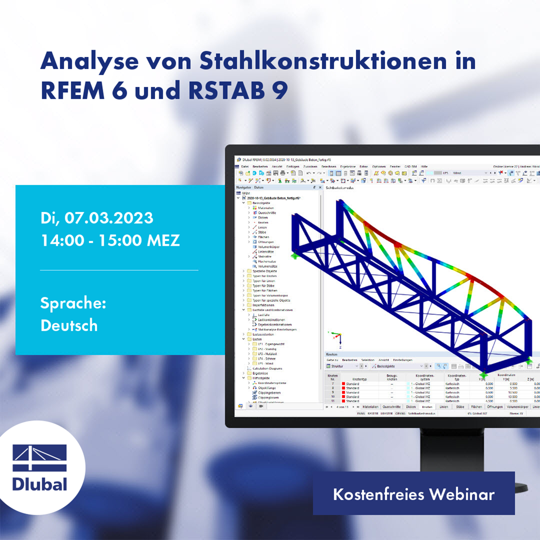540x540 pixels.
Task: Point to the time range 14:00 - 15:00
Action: click(x=91, y=240)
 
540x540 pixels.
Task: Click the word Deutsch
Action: click(x=69, y=325)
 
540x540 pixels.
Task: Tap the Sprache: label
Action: click(x=73, y=303)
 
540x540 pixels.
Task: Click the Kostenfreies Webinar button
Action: click(x=413, y=494)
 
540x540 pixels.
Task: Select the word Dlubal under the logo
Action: click(x=40, y=483)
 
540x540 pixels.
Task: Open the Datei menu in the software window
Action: click(x=244, y=166)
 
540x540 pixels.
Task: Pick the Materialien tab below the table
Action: click(x=371, y=407)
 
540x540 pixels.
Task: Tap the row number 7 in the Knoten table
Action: click(x=333, y=384)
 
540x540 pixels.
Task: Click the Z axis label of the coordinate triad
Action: click(x=341, y=348)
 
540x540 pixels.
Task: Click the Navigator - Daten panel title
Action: click(x=250, y=187)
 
